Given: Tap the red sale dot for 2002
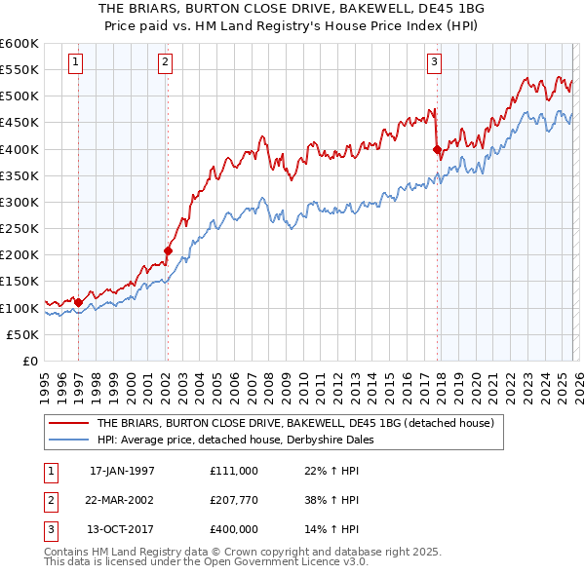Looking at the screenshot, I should click(x=168, y=251).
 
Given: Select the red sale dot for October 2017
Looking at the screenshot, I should click(x=437, y=150).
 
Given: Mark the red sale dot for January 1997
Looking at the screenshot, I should click(x=79, y=302).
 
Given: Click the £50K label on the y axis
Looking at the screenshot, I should click(x=22, y=334).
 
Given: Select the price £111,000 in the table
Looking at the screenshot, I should click(x=233, y=471).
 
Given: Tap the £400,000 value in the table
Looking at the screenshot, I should click(x=233, y=529).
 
